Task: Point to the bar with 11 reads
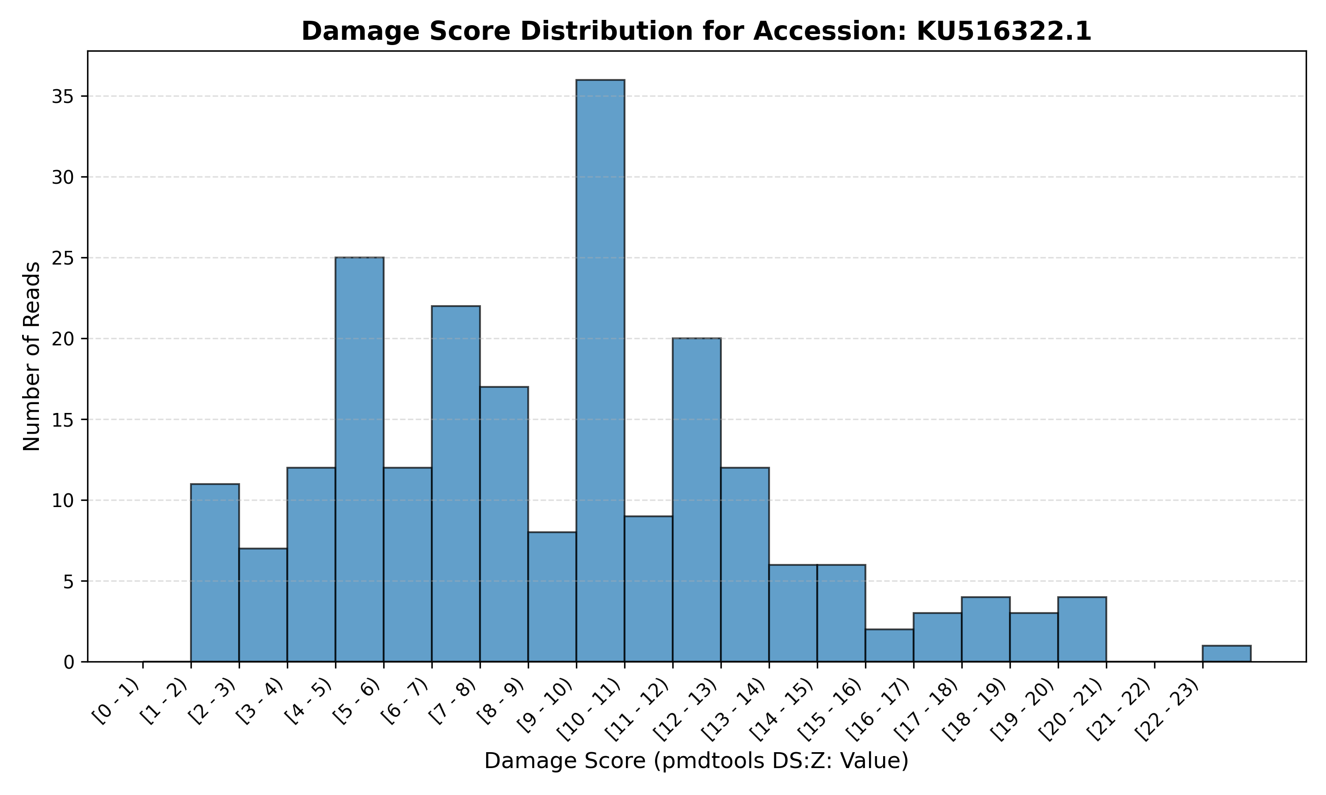[x=215, y=573]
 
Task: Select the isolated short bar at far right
[x=1226, y=654]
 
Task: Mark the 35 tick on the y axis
[x=63, y=96]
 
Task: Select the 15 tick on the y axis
[x=63, y=420]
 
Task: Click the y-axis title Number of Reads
[x=32, y=356]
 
